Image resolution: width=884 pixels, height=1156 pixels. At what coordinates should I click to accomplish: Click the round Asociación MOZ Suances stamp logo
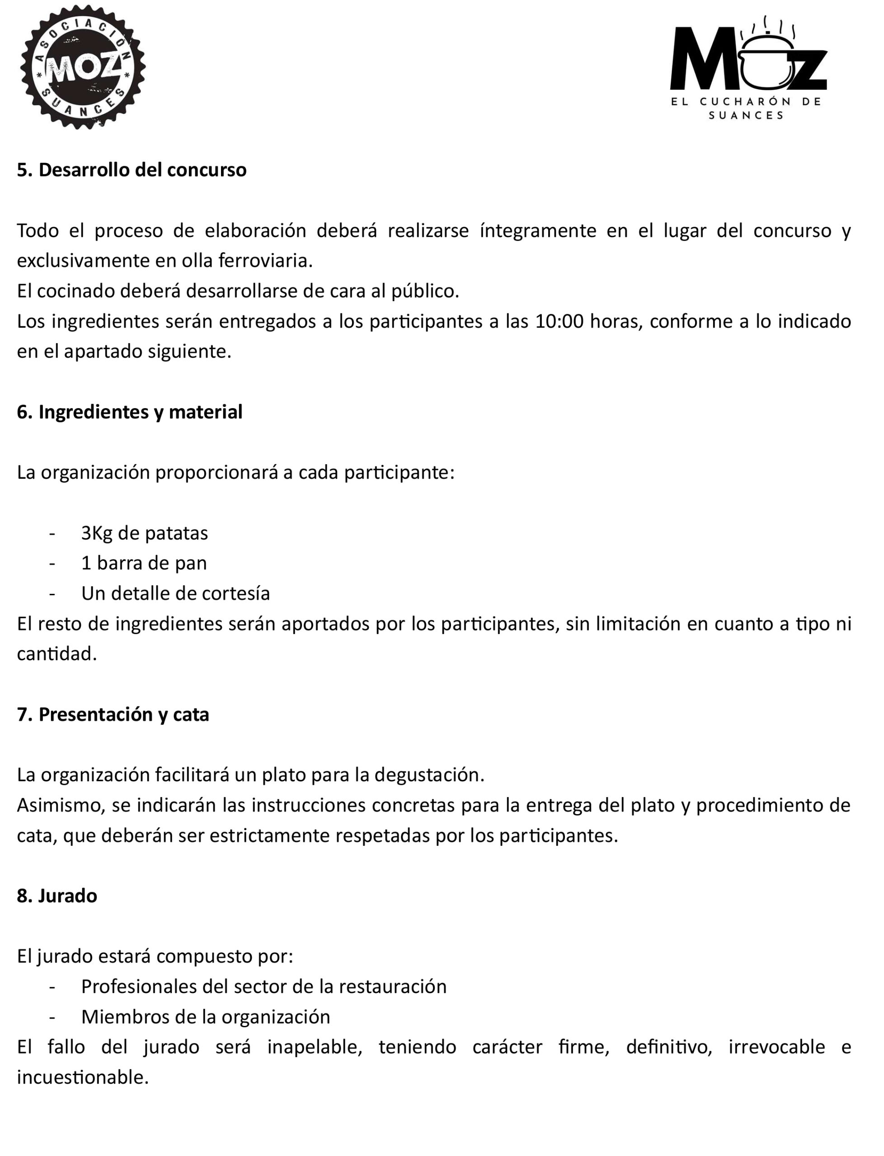83,67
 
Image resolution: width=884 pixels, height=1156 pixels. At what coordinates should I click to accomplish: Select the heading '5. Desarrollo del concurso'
132,170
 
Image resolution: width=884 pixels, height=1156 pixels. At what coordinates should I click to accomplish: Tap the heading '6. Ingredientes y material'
129,412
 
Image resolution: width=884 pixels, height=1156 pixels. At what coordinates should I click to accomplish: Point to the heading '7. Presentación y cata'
113,714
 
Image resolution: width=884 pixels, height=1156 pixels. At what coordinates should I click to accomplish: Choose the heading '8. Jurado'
57,896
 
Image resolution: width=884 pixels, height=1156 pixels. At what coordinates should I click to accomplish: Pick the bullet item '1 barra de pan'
144,563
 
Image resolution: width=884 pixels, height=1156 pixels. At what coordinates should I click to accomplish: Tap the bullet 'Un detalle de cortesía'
175,593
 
